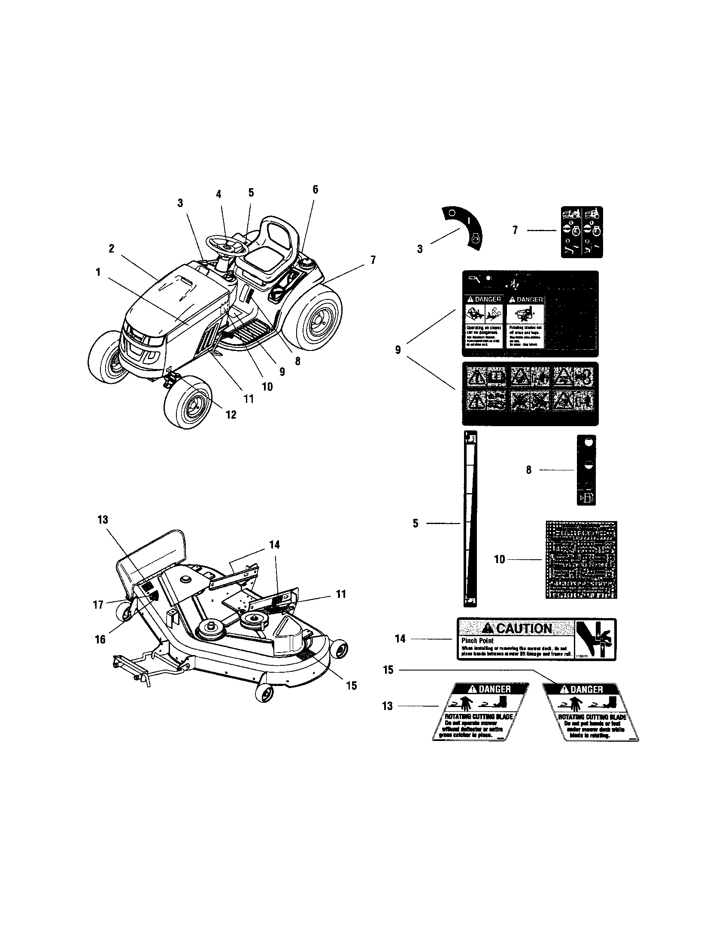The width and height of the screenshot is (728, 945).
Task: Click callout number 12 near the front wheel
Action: point(231,415)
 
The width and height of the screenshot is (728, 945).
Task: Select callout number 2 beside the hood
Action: point(112,249)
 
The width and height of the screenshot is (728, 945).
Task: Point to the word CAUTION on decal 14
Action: point(524,628)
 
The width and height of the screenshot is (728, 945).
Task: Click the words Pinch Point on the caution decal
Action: point(477,640)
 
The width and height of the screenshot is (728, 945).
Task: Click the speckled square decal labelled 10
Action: point(581,559)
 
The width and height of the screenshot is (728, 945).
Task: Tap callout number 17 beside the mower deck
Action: point(98,604)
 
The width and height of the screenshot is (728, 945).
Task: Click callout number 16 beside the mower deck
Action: point(100,639)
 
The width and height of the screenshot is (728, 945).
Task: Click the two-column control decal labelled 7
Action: point(582,232)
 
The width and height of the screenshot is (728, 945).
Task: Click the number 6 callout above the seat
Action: point(315,189)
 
